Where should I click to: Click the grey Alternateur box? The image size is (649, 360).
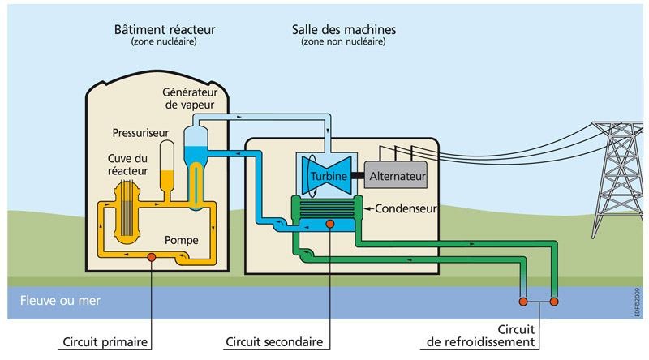point(398,175)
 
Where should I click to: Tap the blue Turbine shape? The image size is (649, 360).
point(326,175)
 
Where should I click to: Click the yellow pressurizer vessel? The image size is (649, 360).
point(168,166)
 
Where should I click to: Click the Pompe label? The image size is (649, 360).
point(182,240)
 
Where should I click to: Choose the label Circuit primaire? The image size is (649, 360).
point(111,341)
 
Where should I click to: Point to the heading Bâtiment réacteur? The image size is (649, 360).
point(160,30)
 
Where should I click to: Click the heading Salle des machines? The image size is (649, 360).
point(343,30)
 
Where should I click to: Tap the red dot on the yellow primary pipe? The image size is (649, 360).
point(151,259)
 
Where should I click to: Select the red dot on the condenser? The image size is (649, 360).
point(329,223)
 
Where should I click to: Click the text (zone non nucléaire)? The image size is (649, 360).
point(343,42)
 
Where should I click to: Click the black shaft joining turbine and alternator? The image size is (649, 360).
point(358,175)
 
